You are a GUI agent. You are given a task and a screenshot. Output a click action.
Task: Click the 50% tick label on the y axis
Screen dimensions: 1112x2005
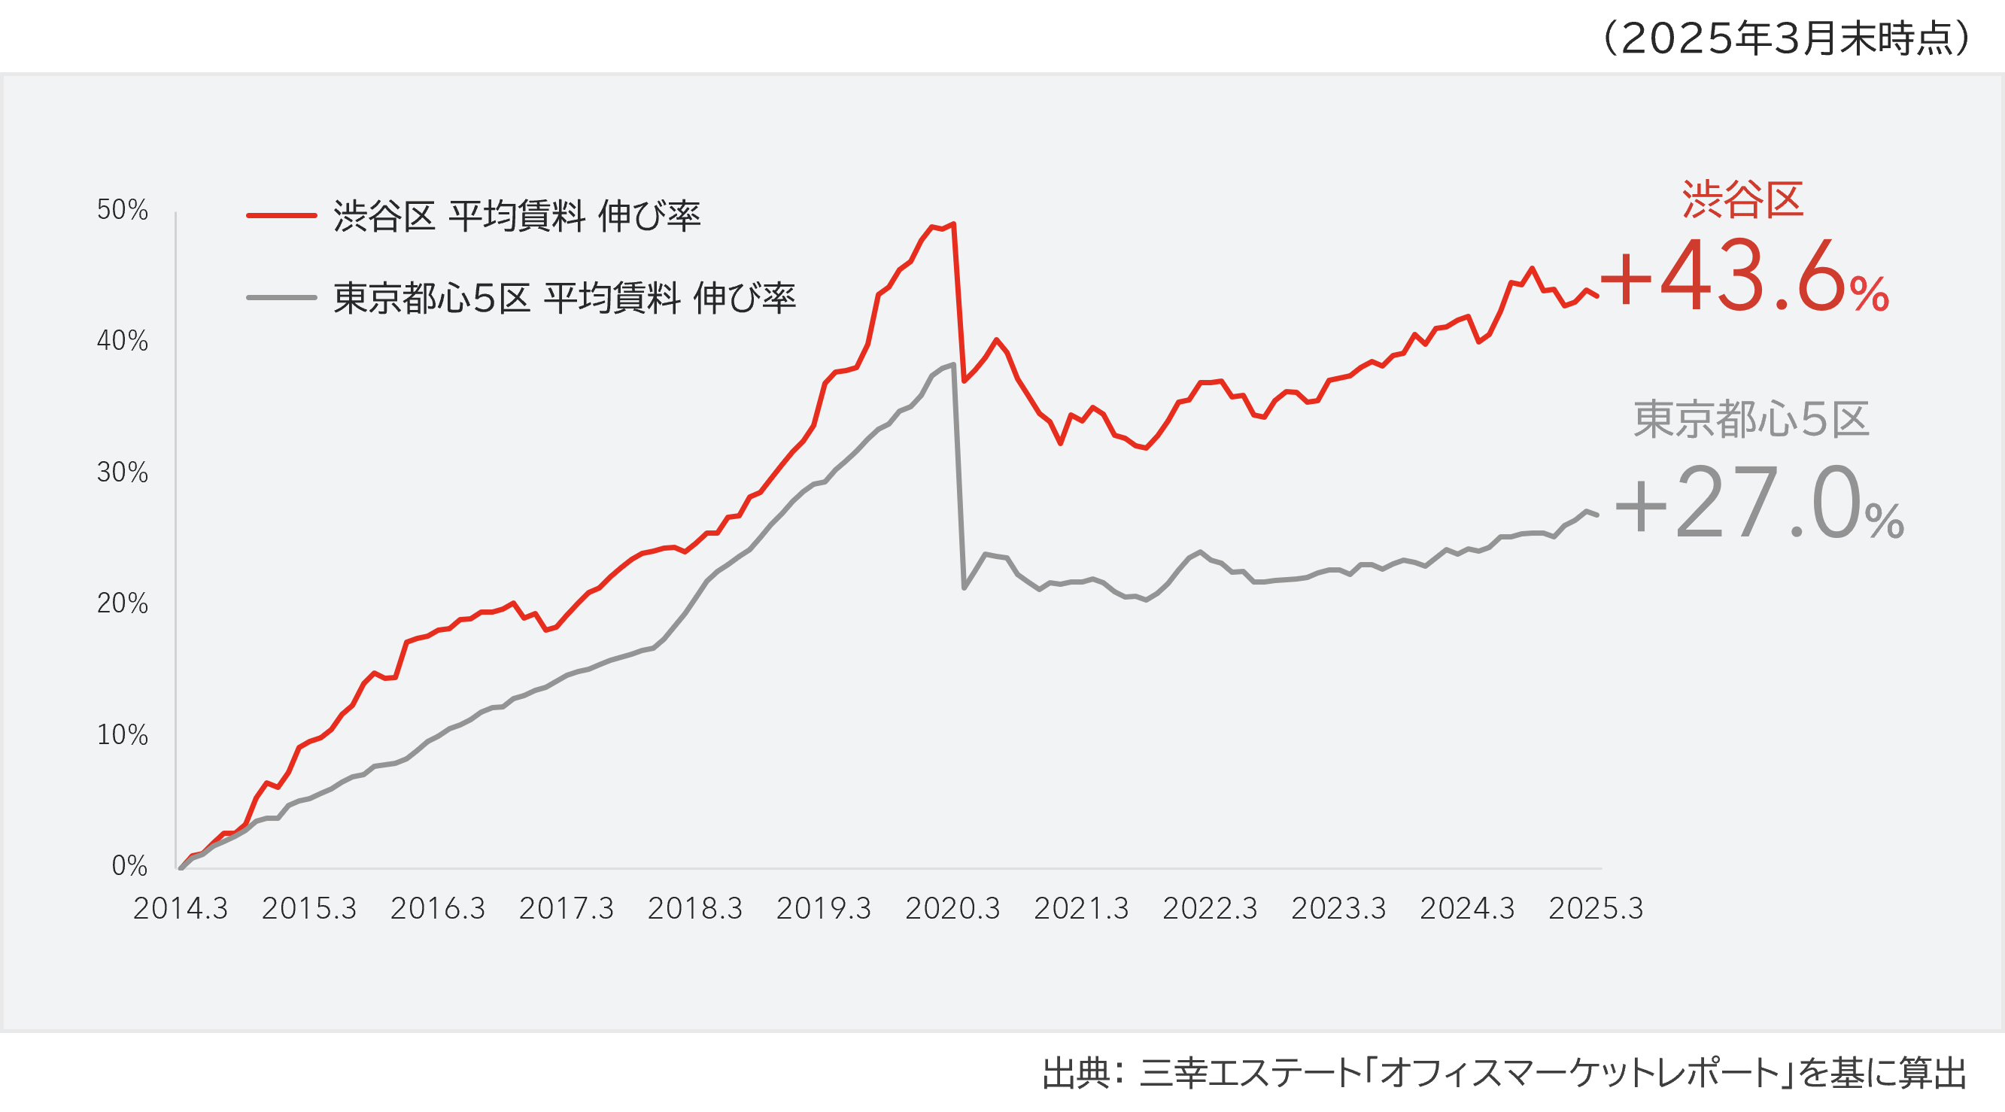(122, 210)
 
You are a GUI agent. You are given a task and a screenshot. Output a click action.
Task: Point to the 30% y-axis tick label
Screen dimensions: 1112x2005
(122, 472)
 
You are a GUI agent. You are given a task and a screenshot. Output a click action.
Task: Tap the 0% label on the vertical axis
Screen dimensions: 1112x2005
(129, 865)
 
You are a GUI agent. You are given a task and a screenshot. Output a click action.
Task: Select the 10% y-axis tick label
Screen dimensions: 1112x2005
(122, 734)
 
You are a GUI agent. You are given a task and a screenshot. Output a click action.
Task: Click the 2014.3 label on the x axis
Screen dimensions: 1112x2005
(181, 908)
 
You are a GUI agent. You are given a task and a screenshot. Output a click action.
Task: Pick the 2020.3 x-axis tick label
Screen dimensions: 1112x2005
(952, 908)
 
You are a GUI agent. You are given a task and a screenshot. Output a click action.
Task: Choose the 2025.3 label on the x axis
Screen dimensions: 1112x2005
(1596, 908)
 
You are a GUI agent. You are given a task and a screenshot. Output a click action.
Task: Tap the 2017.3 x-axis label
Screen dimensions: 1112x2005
(566, 908)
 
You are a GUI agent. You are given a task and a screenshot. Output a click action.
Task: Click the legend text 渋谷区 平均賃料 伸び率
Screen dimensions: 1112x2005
(517, 215)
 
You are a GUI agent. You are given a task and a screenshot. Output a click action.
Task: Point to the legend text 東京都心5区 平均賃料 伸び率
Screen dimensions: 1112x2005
(564, 298)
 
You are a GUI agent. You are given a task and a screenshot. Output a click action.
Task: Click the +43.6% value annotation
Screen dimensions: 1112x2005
(1743, 278)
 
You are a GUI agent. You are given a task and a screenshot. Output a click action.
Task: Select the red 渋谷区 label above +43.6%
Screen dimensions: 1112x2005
(1742, 200)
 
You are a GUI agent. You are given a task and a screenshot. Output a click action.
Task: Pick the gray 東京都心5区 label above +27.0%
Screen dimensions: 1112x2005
(1751, 421)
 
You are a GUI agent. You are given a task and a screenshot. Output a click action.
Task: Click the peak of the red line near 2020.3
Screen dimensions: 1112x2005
(954, 224)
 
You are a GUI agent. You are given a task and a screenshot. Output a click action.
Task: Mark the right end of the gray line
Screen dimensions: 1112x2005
(1597, 515)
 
